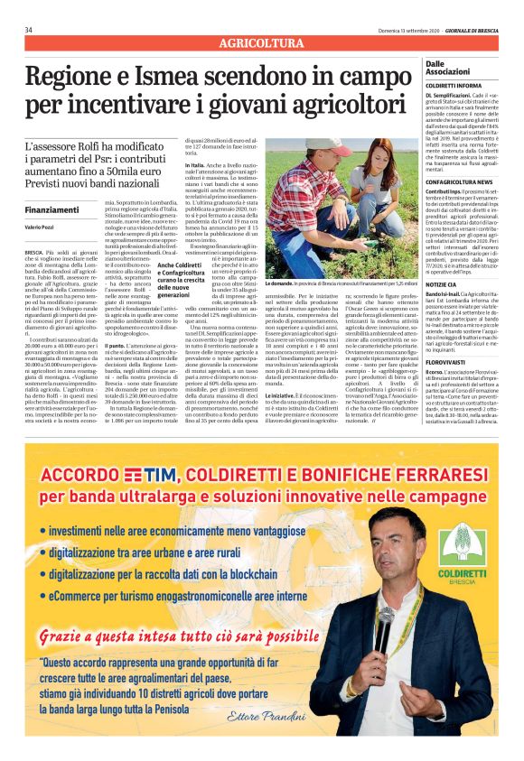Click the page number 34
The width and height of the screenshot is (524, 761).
29,30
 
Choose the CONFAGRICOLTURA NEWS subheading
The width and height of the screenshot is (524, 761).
459,181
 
